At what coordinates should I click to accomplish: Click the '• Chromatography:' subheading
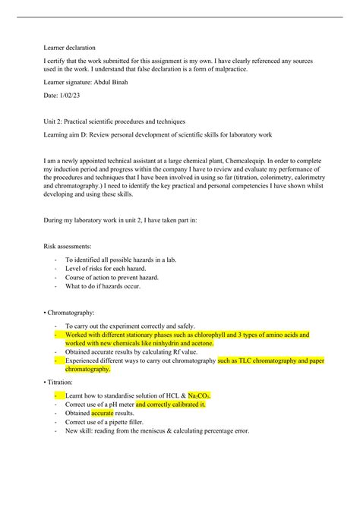[78, 312]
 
